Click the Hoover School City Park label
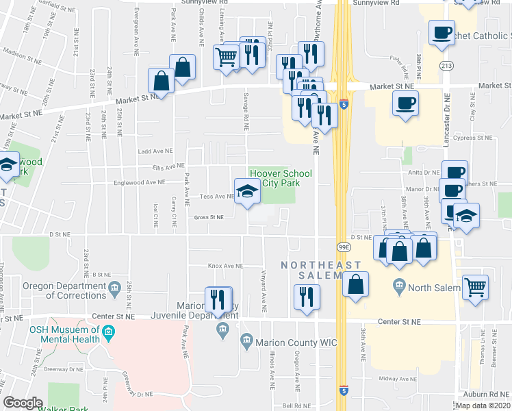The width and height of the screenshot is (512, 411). [281, 178]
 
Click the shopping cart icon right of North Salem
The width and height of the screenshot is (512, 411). [475, 288]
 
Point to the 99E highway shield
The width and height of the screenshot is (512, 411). [344, 245]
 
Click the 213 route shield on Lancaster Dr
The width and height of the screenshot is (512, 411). [447, 66]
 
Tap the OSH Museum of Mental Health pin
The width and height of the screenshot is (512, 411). [108, 334]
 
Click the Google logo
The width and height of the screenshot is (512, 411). [23, 403]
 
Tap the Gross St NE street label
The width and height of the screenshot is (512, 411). [209, 217]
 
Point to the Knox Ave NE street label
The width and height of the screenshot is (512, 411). [225, 266]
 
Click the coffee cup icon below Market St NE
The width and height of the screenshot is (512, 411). [405, 104]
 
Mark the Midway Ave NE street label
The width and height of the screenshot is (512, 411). [398, 379]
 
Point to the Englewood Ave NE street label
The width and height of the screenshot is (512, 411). [142, 183]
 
